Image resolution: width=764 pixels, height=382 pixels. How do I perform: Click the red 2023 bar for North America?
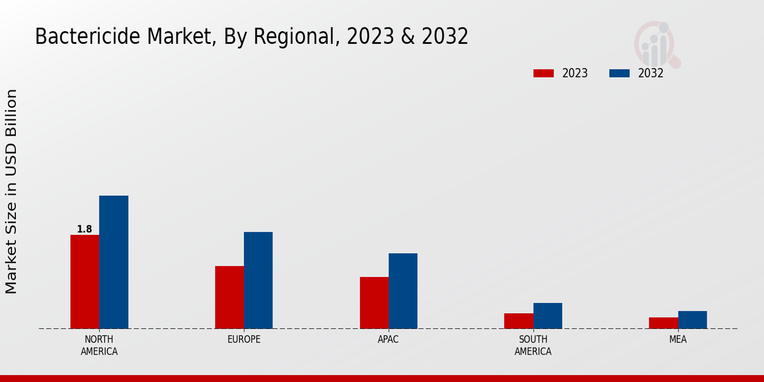click(85, 281)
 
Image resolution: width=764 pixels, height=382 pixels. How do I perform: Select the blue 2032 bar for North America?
click(113, 262)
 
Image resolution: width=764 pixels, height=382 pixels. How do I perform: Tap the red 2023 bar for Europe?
click(229, 297)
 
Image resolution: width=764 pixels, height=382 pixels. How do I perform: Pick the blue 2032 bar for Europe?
click(258, 280)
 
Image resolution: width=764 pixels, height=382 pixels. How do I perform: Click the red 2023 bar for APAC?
click(374, 302)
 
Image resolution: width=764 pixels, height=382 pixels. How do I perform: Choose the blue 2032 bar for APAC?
click(403, 291)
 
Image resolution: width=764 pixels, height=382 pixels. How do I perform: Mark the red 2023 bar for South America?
click(518, 321)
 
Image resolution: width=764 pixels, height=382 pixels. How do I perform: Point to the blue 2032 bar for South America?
click(548, 316)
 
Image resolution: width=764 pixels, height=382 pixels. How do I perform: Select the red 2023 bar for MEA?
click(663, 323)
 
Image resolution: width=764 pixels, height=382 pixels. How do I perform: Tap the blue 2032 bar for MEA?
click(692, 320)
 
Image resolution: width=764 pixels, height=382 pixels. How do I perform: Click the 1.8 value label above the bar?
click(85, 229)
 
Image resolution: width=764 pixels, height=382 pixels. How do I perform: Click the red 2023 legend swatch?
click(544, 73)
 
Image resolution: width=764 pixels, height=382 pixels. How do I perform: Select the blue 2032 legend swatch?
click(619, 73)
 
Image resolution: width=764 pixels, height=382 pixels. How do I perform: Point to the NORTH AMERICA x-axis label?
click(99, 345)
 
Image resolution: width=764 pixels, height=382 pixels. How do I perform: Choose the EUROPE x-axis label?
click(244, 339)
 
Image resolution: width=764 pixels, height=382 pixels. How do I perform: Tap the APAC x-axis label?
click(388, 339)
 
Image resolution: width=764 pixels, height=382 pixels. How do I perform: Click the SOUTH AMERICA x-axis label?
click(533, 345)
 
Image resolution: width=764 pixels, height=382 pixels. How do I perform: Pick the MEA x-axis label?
click(677, 339)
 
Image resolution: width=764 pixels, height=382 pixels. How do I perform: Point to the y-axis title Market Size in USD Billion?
click(11, 191)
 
